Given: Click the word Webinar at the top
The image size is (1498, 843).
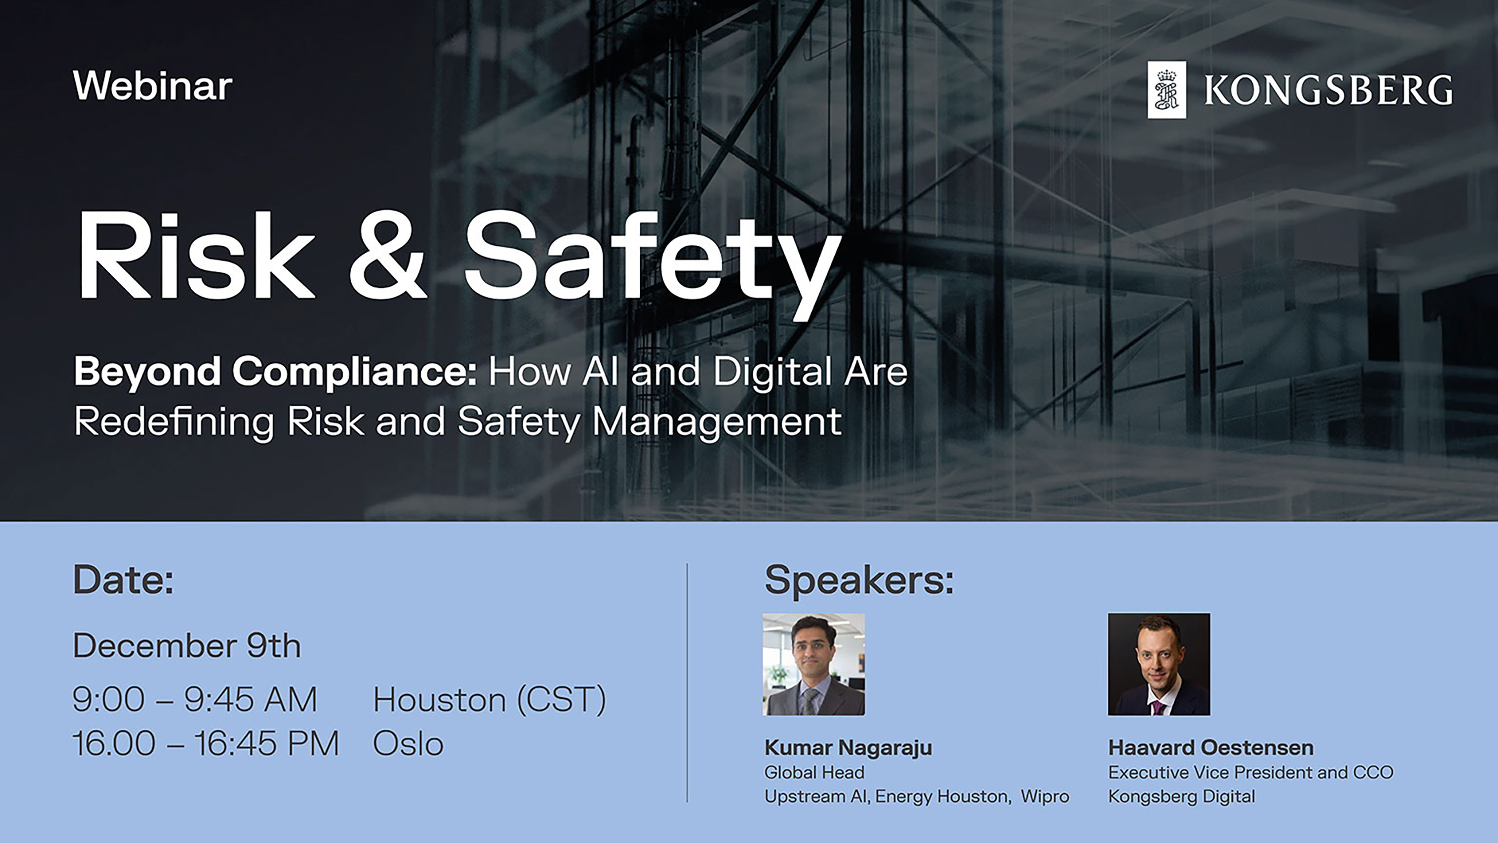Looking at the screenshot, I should click(152, 86).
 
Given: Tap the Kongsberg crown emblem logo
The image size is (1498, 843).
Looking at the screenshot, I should click(1166, 90).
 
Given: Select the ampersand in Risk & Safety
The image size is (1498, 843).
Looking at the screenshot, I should click(387, 256).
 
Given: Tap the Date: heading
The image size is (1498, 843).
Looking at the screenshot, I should click(123, 580).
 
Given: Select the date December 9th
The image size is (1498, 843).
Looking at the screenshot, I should click(187, 646).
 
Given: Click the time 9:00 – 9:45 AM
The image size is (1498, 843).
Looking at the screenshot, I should click(195, 699).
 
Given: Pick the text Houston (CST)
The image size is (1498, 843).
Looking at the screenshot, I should click(489, 699).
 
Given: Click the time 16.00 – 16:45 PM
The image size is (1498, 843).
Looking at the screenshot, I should click(205, 743).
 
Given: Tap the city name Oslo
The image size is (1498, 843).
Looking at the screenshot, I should click(408, 744).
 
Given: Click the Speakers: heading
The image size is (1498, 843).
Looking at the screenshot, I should click(859, 580).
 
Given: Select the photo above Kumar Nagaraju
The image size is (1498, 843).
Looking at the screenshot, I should click(813, 664).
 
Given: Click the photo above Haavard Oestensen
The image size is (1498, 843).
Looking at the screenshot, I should click(1159, 664).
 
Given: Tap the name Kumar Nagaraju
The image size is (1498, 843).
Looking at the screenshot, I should click(848, 747).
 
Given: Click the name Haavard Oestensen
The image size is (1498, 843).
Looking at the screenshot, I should click(1211, 747).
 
